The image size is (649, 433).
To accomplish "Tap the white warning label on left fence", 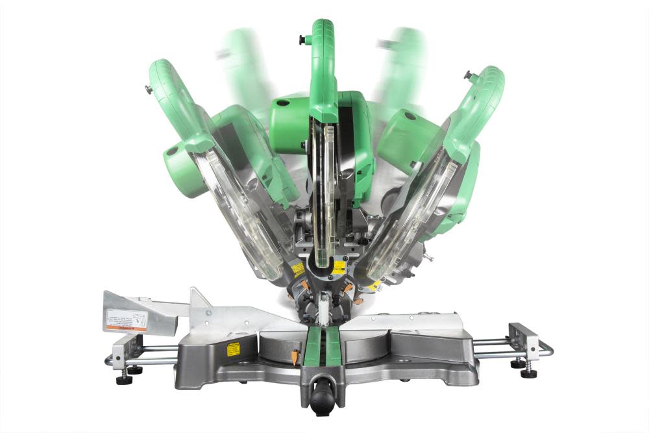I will tap(126, 319).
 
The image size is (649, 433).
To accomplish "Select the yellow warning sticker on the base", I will tap(233, 349).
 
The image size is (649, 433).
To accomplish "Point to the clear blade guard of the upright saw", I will tap(323, 188).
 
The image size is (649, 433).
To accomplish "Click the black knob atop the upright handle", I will tap(302, 40).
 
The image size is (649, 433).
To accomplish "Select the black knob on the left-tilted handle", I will tap(149, 90).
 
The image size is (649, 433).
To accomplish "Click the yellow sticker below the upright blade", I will tap(338, 267).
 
